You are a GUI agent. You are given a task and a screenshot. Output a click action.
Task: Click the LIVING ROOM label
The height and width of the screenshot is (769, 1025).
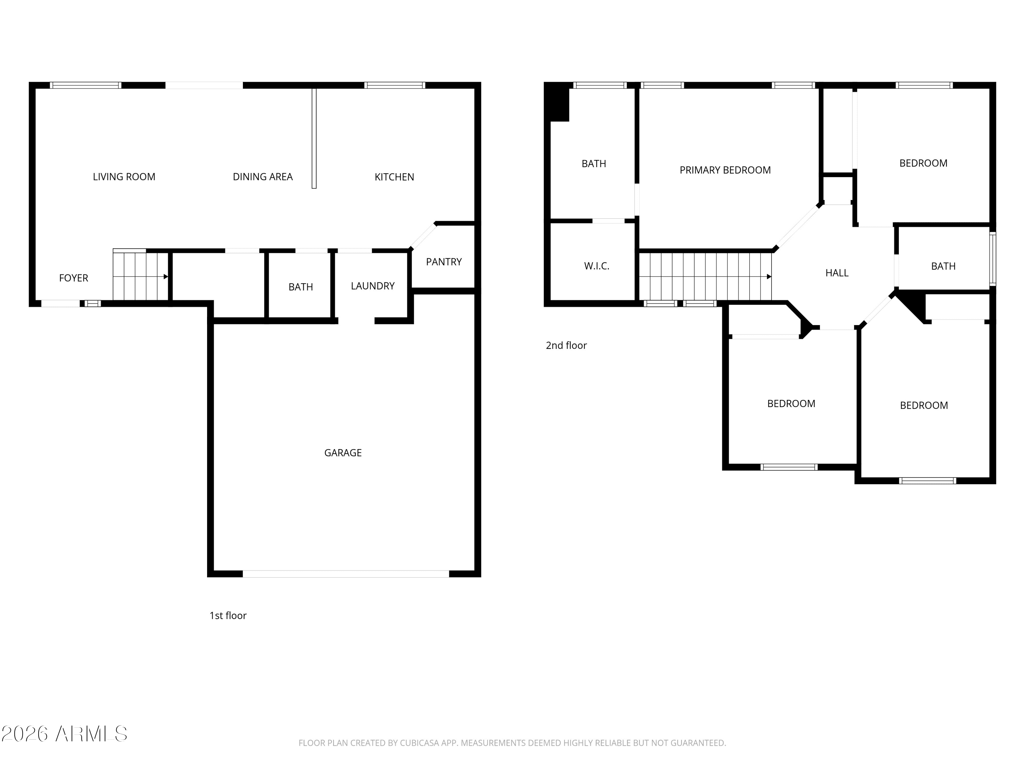point(124,177)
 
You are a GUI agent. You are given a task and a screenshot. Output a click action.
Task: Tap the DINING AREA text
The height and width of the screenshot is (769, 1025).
point(263,177)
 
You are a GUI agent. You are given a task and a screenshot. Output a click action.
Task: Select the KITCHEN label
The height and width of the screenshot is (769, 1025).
point(394,177)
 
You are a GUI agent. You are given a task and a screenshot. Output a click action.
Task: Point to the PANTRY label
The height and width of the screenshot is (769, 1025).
point(444,262)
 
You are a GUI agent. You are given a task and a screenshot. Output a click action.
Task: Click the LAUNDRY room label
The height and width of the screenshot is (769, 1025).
point(372,286)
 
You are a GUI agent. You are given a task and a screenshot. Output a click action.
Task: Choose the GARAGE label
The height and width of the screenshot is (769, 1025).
point(343,453)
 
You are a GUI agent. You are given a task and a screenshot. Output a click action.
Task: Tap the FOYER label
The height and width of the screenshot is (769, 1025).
point(74,278)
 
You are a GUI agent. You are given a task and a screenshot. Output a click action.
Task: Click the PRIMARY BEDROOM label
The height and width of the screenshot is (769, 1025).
point(725,170)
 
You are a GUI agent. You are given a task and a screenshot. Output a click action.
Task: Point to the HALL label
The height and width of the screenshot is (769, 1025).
point(837,273)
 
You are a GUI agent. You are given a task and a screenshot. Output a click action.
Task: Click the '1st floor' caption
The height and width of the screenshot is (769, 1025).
point(228,616)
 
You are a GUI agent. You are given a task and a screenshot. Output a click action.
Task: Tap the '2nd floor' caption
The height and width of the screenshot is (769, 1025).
point(566,345)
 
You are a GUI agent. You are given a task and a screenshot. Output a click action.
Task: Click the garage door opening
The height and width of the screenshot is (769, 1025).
point(346,574)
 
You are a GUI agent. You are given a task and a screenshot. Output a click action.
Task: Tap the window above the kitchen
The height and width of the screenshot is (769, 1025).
point(394,85)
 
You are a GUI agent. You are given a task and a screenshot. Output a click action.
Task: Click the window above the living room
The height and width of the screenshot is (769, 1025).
point(86,85)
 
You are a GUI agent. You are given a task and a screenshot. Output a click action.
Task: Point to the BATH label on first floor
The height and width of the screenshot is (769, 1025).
point(301,287)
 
